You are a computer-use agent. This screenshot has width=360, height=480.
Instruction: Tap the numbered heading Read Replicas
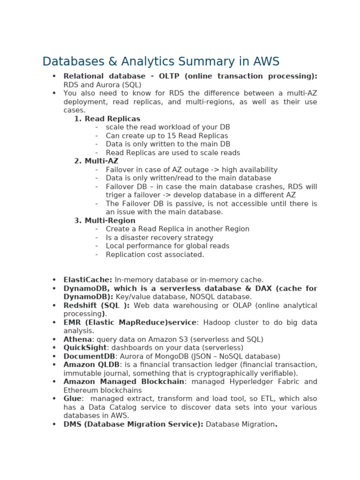coord(112,119)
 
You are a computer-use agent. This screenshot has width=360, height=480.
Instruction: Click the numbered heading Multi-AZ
coord(102,161)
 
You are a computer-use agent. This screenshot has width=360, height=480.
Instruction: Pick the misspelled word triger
coord(116,195)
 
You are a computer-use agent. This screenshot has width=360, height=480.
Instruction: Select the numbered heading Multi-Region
coord(110,221)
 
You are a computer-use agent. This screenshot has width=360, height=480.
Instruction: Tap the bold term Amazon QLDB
coord(91,365)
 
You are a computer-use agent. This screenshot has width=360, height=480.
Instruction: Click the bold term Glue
coord(73,399)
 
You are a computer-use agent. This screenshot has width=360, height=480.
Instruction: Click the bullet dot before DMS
coord(54,424)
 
